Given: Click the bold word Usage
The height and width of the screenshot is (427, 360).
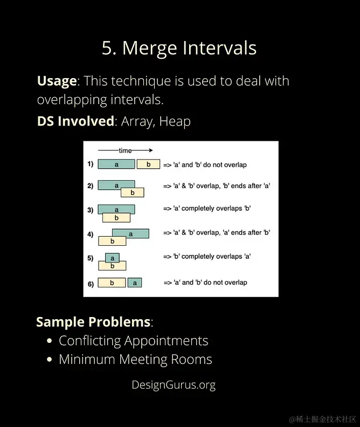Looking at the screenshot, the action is pos(57,81).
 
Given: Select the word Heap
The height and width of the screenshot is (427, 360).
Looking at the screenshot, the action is pos(175,121).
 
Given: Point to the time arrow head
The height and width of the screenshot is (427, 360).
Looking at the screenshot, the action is pos(151,150).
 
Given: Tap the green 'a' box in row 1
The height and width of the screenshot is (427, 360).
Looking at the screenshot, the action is pos(116,164).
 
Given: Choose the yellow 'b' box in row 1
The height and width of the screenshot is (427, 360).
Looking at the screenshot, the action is pos(148,164).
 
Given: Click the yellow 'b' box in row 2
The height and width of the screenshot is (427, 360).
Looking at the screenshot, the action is pos(133,192).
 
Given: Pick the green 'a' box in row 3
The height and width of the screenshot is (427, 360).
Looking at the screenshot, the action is pos(116,209).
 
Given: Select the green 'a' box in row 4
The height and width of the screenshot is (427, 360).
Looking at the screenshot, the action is pos(130,233).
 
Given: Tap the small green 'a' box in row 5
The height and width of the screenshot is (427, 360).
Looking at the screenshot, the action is pos(113,258).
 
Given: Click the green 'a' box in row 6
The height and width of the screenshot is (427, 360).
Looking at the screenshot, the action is pos(135,283).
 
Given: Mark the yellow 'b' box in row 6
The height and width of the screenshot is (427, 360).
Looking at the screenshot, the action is pos(112,283).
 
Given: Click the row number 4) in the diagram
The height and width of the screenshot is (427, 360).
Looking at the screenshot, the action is pos(91,234).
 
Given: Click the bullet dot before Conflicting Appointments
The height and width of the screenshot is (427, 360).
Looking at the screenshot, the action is pos(49,341).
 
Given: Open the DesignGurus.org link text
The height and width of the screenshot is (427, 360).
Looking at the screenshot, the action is pos(174,385).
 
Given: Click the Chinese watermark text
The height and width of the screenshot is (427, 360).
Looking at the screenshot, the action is pos(322,419).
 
